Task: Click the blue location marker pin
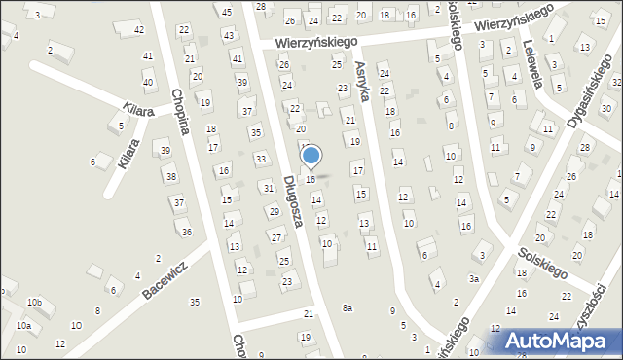coord(311,156)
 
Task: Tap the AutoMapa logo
coord(555,341)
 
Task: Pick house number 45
coord(227,12)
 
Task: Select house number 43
coord(229,35)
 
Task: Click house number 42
coord(139,30)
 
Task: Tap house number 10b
coord(34,303)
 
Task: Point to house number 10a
coord(23,326)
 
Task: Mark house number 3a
coord(474,278)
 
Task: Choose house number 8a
coord(347,308)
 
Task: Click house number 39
coord(165,150)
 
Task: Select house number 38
coord(170,176)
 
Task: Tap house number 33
coord(260,159)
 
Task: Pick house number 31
coord(268,187)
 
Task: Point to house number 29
coord(274,211)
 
